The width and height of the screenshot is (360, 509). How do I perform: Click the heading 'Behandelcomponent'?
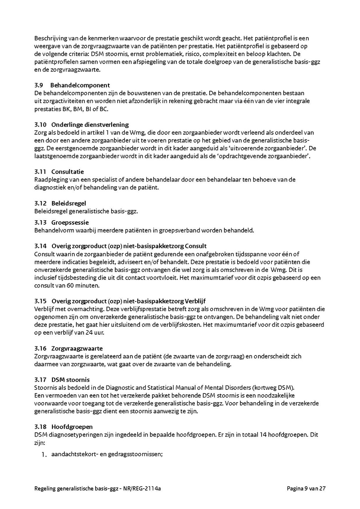tap(80, 85)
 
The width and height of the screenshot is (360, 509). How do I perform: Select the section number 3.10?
tap(40, 125)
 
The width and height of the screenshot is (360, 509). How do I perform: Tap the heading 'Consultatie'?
tap(68, 172)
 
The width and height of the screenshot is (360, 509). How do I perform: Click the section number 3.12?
tap(40, 203)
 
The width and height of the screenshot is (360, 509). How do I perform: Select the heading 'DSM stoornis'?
tap(70, 379)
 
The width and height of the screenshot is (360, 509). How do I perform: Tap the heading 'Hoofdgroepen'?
tap(72, 427)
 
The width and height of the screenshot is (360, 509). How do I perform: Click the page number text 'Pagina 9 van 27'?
tap(306, 488)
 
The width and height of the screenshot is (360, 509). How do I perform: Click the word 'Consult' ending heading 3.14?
tap(196, 246)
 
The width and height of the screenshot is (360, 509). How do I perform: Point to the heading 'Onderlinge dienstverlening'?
tap(90, 125)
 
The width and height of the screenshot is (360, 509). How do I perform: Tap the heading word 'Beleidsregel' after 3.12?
tap(68, 203)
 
